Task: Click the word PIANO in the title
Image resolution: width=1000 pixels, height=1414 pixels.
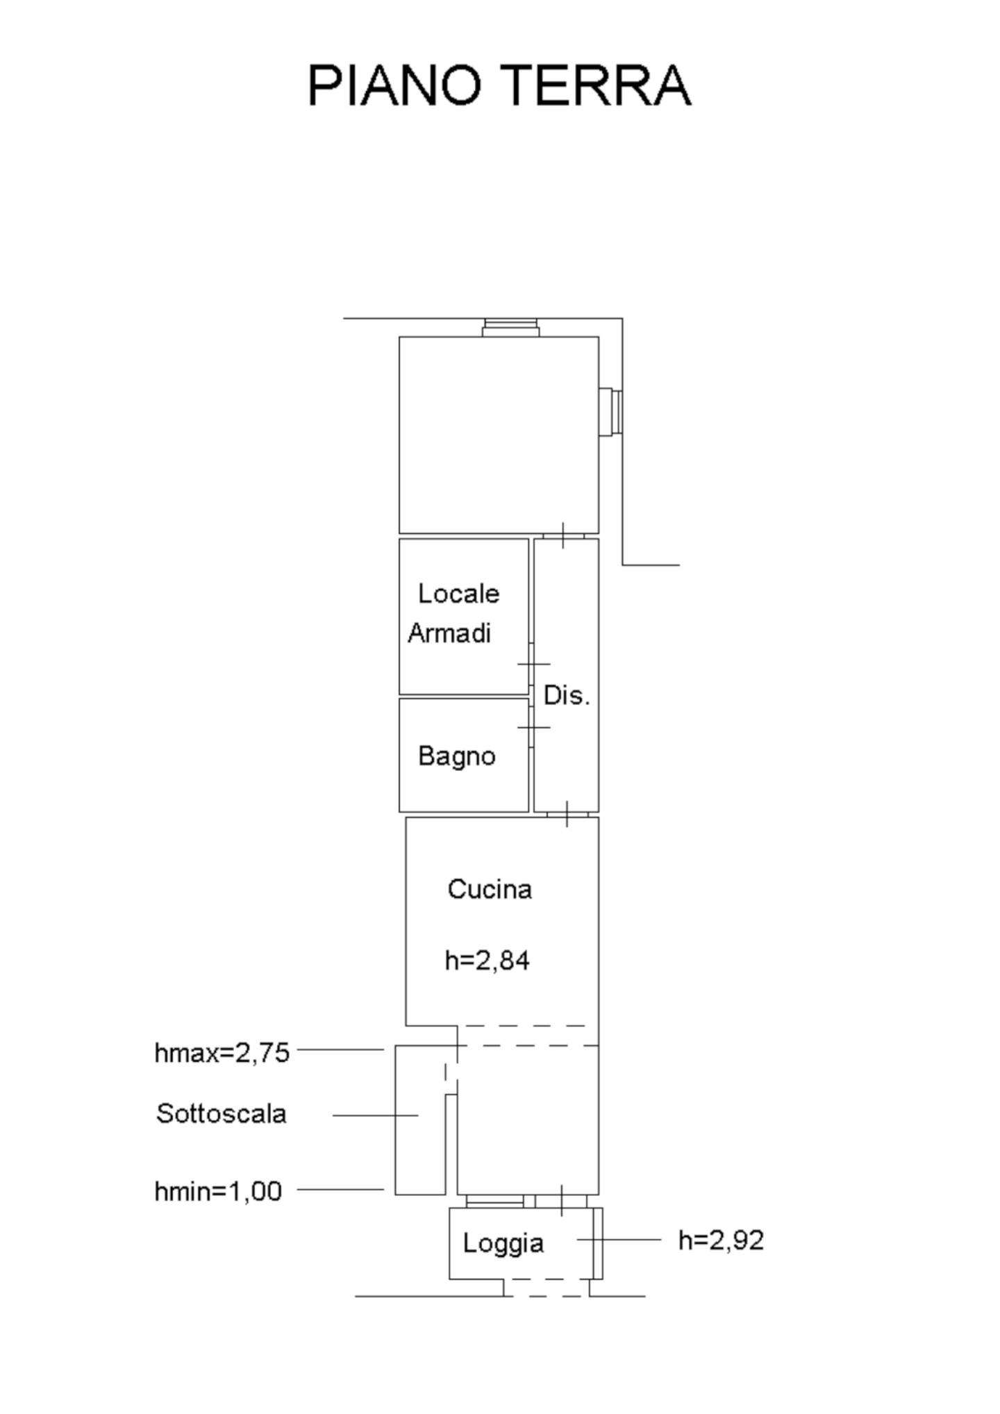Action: (394, 85)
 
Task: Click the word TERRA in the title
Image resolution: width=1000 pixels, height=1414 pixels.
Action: (595, 85)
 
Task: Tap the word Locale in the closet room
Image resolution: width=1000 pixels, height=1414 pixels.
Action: (458, 593)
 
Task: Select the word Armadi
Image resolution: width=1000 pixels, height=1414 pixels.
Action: (449, 633)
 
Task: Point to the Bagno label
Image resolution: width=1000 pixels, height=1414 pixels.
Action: (457, 756)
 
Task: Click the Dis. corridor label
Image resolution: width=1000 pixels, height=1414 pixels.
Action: (567, 695)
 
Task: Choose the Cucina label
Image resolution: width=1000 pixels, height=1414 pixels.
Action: (490, 889)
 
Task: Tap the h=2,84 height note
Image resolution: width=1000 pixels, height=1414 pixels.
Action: (487, 960)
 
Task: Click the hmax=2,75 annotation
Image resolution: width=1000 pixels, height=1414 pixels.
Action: (222, 1053)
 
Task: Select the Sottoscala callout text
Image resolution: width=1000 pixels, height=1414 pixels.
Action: (222, 1113)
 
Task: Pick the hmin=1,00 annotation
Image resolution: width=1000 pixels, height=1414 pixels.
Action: (218, 1192)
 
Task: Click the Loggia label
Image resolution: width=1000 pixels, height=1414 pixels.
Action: (503, 1243)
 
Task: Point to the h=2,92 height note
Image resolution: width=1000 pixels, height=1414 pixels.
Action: (721, 1240)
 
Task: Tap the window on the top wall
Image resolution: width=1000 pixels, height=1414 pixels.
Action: (510, 328)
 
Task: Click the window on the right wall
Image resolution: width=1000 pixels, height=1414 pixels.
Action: (610, 413)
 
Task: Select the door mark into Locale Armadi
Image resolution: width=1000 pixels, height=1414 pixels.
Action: (533, 665)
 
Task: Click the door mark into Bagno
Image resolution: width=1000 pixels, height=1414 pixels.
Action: (533, 727)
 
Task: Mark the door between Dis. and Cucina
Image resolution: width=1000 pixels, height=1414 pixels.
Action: (567, 814)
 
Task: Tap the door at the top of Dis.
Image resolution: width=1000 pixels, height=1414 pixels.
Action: (563, 535)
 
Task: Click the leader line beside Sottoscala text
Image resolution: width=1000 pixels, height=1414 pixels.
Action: (376, 1115)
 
